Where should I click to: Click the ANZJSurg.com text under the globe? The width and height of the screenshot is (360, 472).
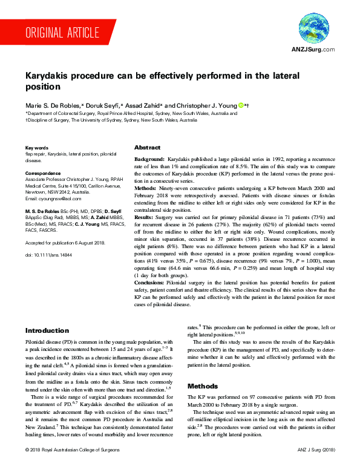pyautogui.click(x=313, y=50)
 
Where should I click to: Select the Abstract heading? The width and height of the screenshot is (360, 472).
pyautogui.click(x=147, y=148)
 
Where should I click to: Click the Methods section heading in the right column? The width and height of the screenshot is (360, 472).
pyautogui.click(x=203, y=385)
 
